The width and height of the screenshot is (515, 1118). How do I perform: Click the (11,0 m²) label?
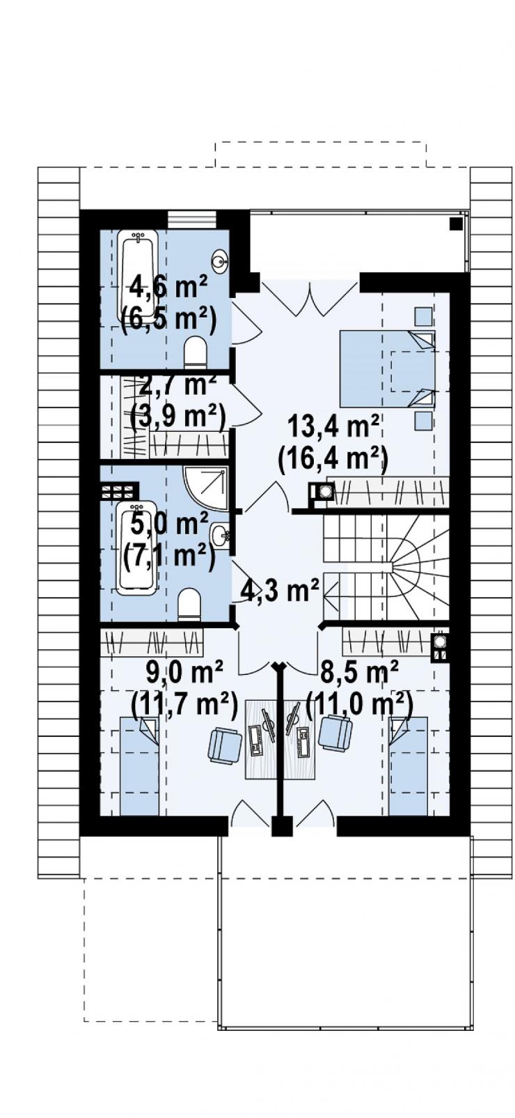click(360, 704)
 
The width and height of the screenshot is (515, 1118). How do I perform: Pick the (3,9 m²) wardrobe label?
click(177, 415)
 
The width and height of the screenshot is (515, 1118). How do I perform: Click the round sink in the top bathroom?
click(220, 260)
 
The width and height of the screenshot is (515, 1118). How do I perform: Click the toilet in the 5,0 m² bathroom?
click(189, 604)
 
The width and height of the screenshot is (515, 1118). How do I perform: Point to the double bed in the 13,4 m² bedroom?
click(387, 368)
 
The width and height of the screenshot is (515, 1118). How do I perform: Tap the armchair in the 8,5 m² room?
click(335, 732)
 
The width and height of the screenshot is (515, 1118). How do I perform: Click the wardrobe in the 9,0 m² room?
click(152, 642)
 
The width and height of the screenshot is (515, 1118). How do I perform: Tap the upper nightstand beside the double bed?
click(423, 316)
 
